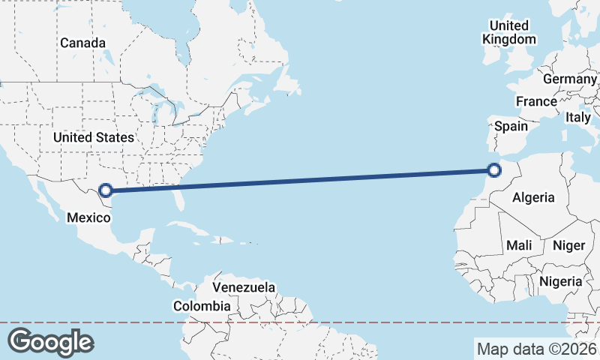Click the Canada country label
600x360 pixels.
pos(82,43)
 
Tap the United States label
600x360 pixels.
pos(94,137)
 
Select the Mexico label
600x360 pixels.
pos(89,217)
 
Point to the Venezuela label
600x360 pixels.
pos(244,287)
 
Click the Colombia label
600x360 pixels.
pos(202,306)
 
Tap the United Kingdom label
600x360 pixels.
pos(510,32)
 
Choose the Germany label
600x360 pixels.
pos(570,79)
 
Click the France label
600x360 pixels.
pos(536,101)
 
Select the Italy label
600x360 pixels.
pos(578,117)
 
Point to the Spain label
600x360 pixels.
pos(511,126)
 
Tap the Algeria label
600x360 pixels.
pos(532,198)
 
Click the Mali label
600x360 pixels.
pos(519,245)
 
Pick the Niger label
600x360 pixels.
pos(568,245)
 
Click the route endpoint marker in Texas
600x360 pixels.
pos(106,190)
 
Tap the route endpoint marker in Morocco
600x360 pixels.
pos(493,170)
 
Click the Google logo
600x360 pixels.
pos(50,341)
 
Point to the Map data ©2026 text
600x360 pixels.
pos(537,349)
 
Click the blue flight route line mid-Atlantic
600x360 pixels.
pos(300,180)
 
